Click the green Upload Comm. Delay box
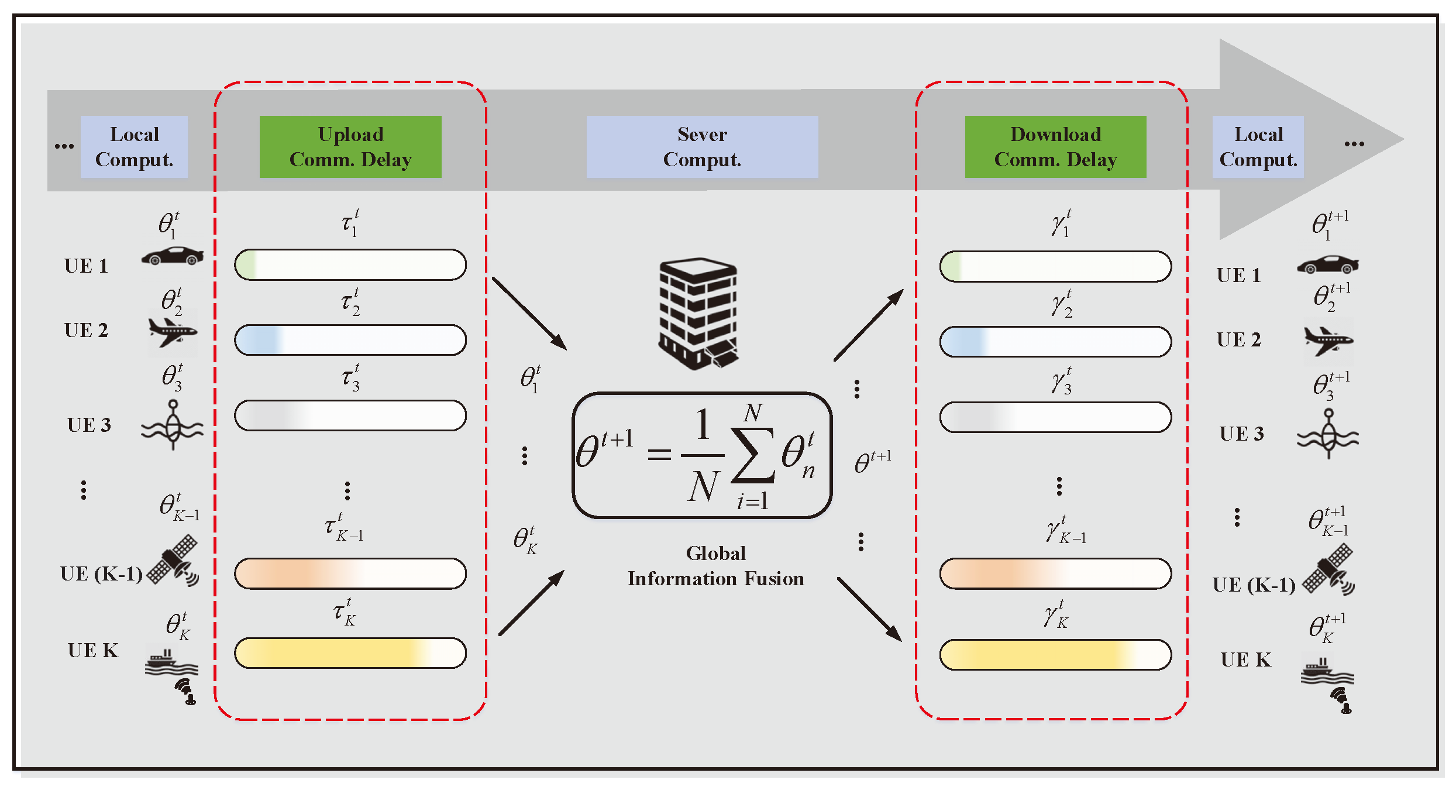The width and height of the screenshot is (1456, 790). click(x=350, y=147)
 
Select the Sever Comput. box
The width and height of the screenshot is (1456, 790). click(x=702, y=147)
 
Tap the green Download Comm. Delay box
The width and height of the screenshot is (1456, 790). click(x=1055, y=147)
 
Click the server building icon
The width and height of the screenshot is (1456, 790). click(x=698, y=313)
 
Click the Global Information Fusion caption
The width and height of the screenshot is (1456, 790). click(x=715, y=566)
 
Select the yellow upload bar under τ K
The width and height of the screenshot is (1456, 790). click(x=350, y=653)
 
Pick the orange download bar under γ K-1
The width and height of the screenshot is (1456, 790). click(x=1055, y=573)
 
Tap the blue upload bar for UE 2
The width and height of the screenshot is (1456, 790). click(x=350, y=340)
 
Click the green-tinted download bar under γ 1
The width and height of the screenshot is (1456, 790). click(x=1055, y=267)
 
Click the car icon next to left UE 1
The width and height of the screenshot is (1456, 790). click(x=173, y=256)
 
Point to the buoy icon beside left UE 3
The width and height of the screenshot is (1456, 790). click(x=172, y=425)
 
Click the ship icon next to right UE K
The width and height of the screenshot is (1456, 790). click(x=1327, y=673)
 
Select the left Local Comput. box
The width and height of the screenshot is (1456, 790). click(x=134, y=147)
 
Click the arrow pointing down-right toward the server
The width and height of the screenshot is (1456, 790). click(x=529, y=314)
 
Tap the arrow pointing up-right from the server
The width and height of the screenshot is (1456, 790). click(x=869, y=325)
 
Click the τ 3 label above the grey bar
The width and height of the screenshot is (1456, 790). click(x=350, y=377)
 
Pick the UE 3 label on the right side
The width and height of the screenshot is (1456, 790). click(x=1241, y=434)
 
